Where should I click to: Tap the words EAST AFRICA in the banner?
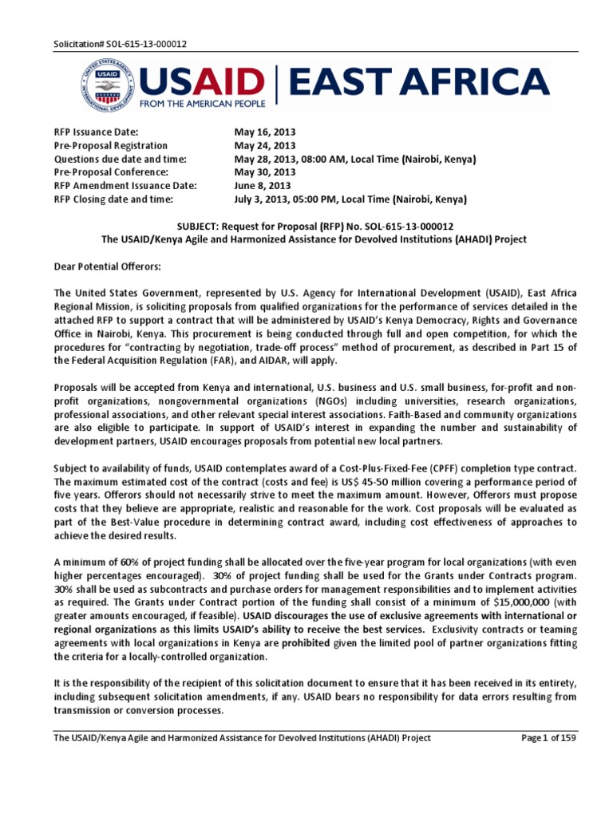coord(418,82)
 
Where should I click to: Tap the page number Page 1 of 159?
coord(548,738)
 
